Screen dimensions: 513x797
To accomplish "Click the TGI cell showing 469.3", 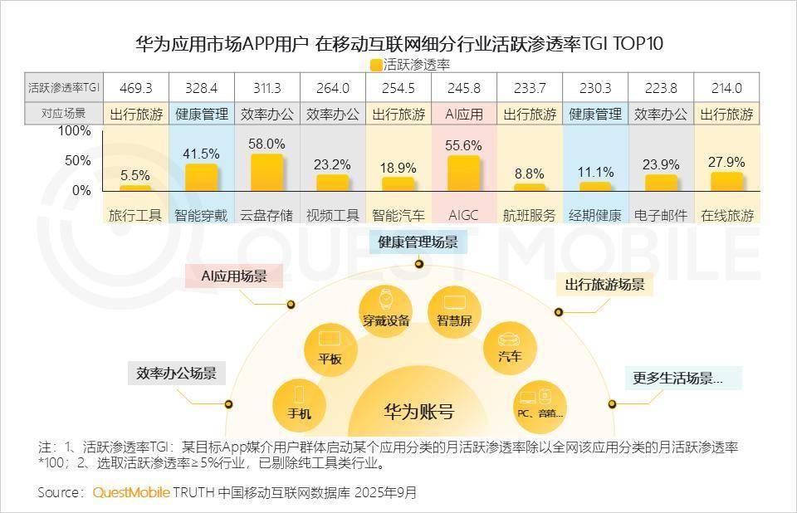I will click(136, 88).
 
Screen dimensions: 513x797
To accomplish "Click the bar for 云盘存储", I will click(267, 173).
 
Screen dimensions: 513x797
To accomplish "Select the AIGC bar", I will click(464, 173).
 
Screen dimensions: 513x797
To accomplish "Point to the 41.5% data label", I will click(202, 154).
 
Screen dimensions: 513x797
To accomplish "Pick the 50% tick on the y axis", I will click(77, 160).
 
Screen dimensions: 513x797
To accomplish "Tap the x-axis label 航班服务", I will click(530, 215).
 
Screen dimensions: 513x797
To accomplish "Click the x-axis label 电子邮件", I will click(661, 215).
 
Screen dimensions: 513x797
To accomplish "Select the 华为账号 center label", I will click(418, 412).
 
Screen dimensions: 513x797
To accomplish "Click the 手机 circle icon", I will click(299, 403).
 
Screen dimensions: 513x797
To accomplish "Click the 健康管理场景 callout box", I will click(418, 242).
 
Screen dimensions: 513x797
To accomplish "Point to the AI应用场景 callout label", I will click(234, 276).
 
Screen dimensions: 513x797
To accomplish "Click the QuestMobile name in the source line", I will click(131, 492).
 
